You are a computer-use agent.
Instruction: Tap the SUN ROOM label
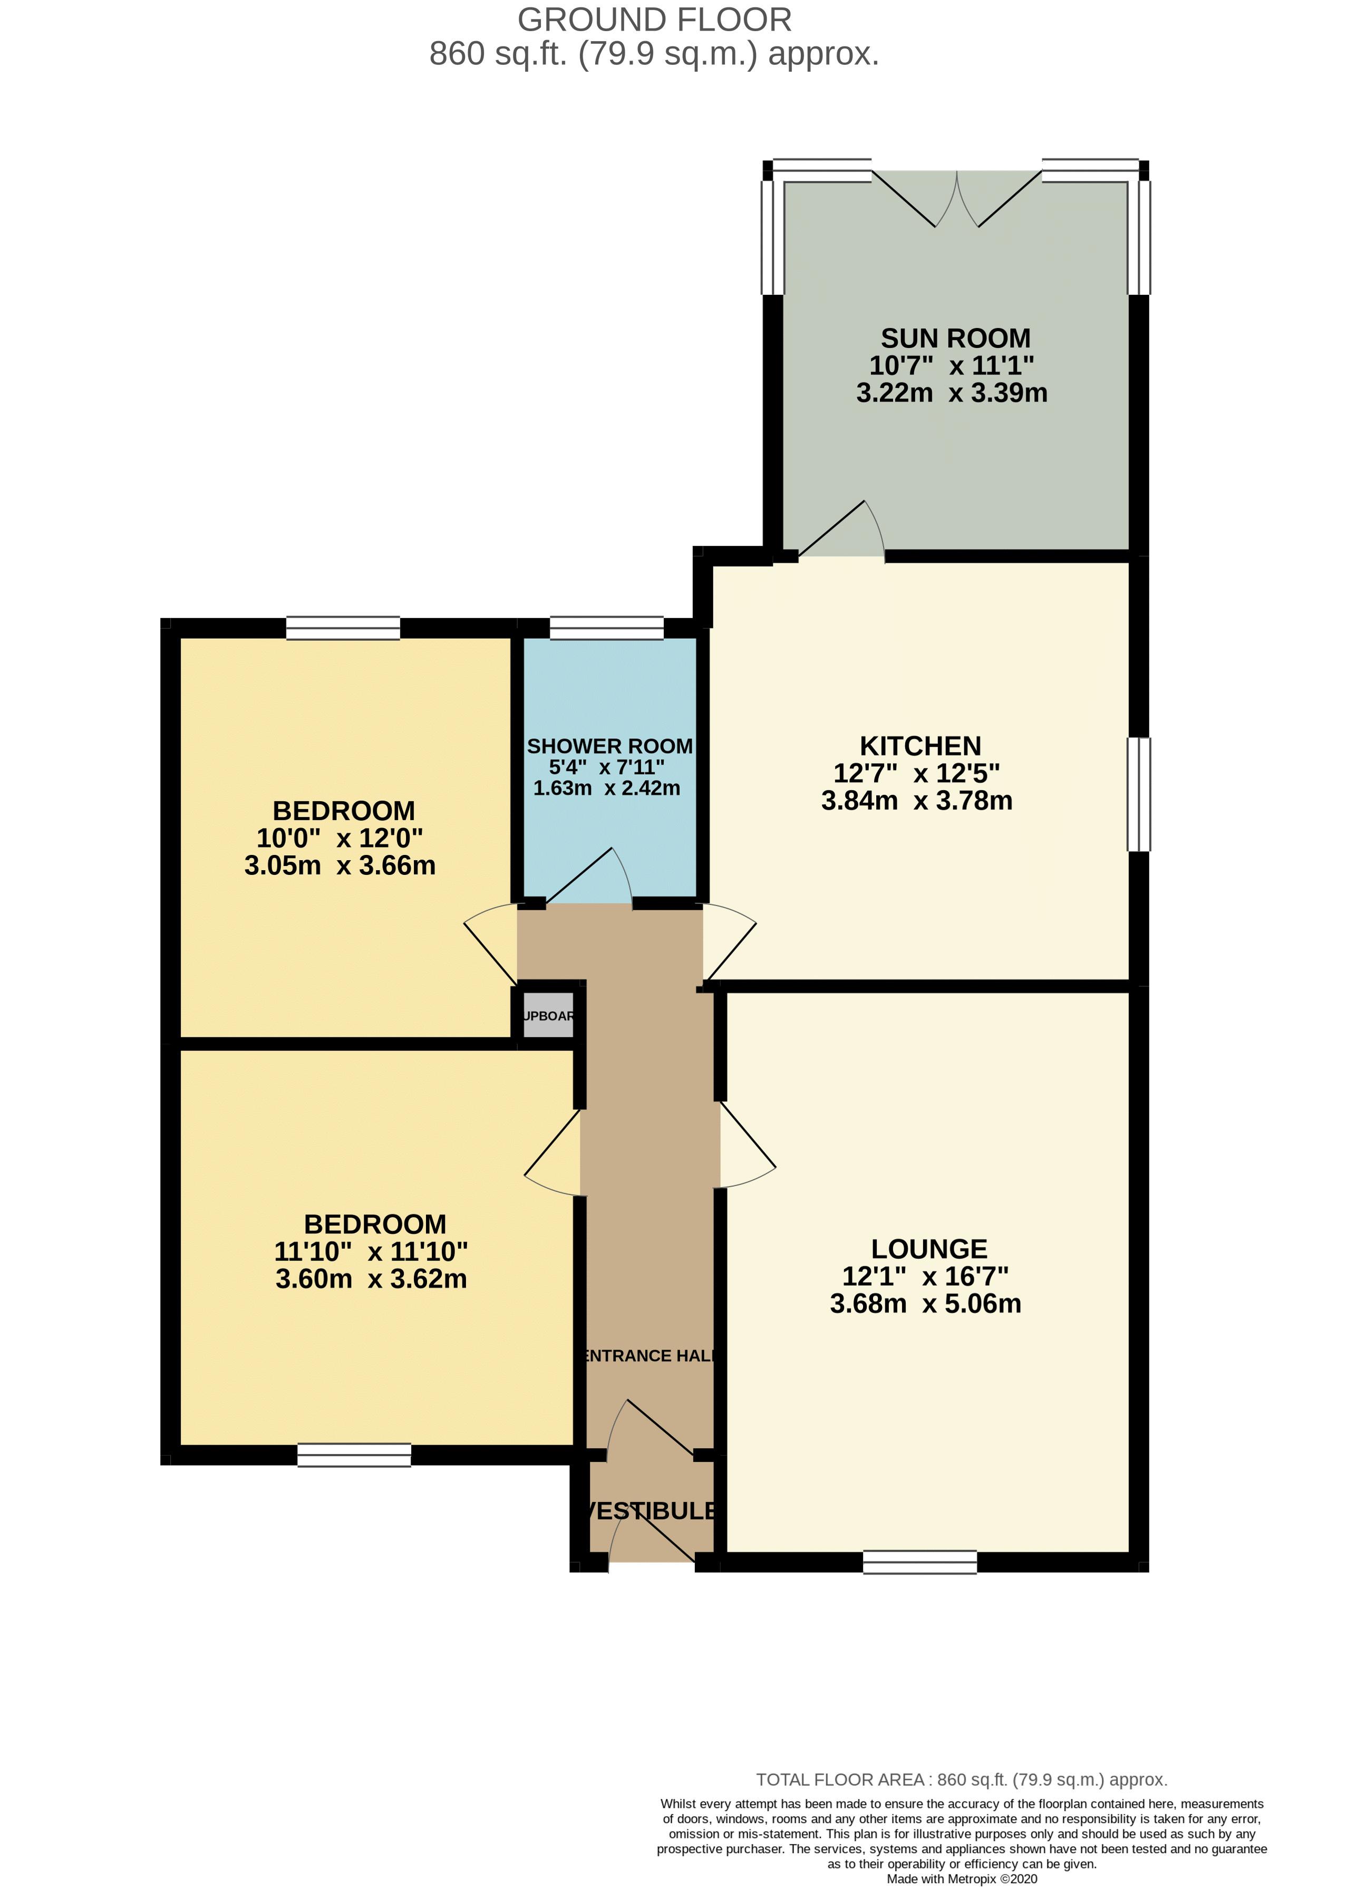955,339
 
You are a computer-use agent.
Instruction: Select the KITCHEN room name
920,746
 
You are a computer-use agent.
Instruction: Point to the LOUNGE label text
929,1249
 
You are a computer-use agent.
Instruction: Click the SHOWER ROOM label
609,746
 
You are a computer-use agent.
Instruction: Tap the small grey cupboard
547,1015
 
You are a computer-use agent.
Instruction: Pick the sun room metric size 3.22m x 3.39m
952,392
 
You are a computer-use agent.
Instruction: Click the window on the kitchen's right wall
1138,794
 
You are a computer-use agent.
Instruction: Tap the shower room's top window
606,628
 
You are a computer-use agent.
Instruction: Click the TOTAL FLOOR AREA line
961,1779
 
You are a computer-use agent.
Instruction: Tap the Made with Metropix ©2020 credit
961,1879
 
